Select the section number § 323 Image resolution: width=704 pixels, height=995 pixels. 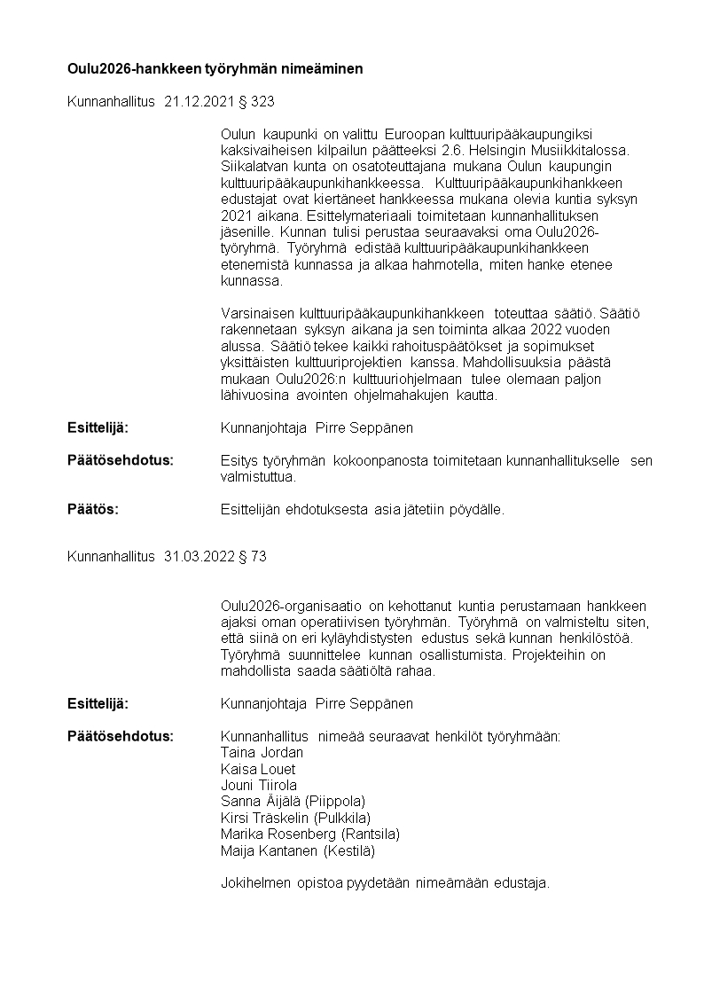pos(257,102)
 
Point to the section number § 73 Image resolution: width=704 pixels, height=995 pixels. pos(253,557)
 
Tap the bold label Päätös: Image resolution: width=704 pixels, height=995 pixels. pos(93,509)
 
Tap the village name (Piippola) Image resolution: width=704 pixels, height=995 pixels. pos(334,802)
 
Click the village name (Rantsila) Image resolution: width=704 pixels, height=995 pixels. pos(370,834)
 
